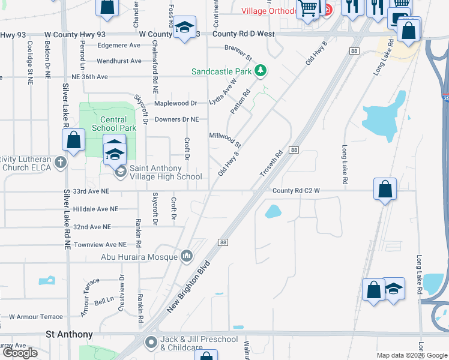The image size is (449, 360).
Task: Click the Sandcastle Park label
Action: click(221, 71)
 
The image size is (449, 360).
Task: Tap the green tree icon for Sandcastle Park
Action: click(260, 71)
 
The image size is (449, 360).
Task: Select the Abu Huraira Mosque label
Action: click(139, 257)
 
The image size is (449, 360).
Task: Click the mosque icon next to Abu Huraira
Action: click(186, 256)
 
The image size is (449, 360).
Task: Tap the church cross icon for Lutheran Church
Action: click(60, 162)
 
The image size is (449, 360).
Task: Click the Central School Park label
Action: click(114, 124)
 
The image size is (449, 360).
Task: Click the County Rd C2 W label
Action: click(296, 191)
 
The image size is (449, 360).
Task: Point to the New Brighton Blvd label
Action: click(189, 286)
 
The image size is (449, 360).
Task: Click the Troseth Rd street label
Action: click(271, 164)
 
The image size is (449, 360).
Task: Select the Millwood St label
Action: click(225, 140)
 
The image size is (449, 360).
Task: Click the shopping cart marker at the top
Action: click(308, 9)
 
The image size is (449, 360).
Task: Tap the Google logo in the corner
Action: click(20, 353)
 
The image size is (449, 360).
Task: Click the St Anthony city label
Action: click(70, 334)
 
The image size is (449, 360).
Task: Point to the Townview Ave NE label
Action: click(100, 245)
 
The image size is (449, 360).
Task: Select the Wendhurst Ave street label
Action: click(119, 61)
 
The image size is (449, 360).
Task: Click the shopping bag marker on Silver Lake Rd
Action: click(74, 141)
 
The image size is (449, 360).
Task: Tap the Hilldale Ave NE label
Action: click(95, 209)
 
